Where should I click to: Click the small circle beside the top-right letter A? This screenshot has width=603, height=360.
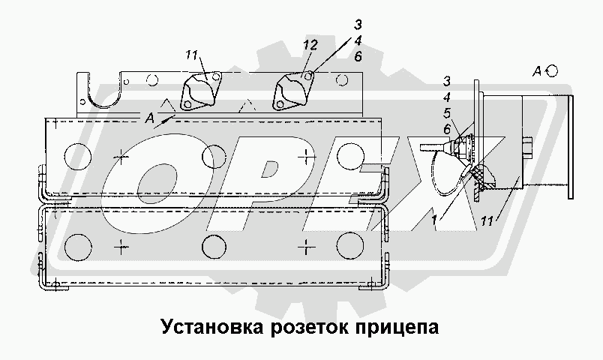[553, 70]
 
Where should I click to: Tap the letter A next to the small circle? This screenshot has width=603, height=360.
[538, 71]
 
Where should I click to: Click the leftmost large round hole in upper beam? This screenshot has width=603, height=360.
[77, 155]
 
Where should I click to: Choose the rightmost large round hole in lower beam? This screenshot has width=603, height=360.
[350, 247]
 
